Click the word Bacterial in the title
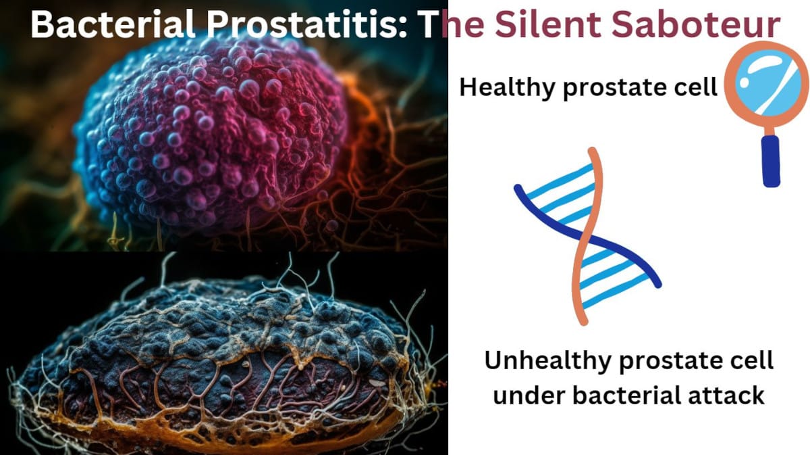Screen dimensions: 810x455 point(113,24)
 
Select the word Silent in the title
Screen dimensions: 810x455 point(549,24)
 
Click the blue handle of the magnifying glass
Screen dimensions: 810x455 point(771,161)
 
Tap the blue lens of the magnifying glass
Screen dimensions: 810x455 point(767,83)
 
